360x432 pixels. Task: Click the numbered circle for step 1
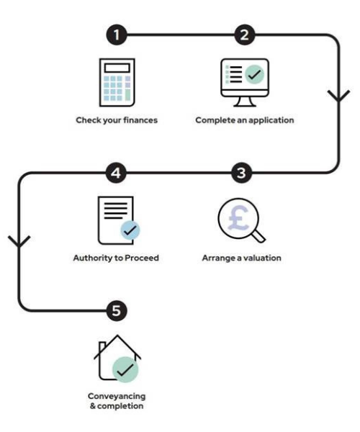click(117, 35)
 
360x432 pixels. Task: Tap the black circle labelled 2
click(245, 35)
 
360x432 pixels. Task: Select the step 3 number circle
click(241, 173)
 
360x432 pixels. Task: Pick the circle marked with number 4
click(116, 173)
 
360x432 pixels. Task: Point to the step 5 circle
click(117, 311)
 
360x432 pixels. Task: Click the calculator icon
click(117, 82)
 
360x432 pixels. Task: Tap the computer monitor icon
click(245, 82)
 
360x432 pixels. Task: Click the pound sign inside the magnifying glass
click(238, 218)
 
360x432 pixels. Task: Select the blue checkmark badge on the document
click(130, 230)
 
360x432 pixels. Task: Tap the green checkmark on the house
click(125, 369)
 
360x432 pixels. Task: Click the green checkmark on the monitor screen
click(254, 74)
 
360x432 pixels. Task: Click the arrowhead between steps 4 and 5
click(19, 241)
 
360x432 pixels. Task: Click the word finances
click(140, 120)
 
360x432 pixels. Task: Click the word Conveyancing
click(117, 397)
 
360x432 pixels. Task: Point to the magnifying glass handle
click(259, 236)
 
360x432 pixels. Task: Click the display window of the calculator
click(117, 68)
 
